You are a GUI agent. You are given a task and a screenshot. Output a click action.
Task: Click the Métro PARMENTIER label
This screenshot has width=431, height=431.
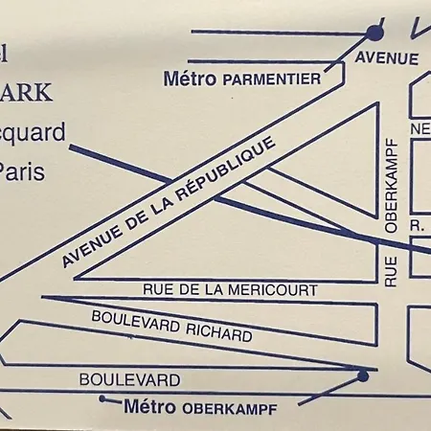[242, 79]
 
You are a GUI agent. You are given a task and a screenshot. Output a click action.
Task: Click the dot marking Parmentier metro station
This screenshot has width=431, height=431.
[374, 33]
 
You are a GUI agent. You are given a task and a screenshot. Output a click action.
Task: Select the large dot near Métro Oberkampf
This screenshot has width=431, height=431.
[363, 376]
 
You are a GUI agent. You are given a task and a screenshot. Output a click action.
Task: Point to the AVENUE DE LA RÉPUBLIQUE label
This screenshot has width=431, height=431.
[169, 201]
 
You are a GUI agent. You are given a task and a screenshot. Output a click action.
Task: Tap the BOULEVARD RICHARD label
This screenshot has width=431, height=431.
[171, 327]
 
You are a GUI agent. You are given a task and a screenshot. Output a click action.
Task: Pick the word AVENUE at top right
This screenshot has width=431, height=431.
[387, 58]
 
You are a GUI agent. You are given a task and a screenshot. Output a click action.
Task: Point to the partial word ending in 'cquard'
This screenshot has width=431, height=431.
[33, 132]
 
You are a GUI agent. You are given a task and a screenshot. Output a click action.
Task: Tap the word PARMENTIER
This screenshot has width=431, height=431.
[271, 79]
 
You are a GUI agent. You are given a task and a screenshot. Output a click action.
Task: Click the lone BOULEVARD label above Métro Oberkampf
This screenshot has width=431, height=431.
[129, 379]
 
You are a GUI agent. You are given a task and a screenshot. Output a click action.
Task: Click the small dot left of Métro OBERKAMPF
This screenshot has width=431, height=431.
[102, 397]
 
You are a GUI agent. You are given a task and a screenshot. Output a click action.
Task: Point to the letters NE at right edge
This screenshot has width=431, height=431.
[420, 129]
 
